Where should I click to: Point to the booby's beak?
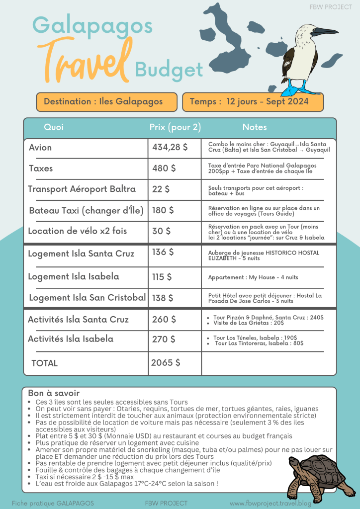coord(326,32)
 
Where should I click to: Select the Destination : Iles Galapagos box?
coord(106,102)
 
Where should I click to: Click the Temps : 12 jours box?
coord(253,102)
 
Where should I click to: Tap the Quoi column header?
coord(54,127)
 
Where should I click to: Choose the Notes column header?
coord(255,127)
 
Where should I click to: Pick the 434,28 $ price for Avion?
coord(171,147)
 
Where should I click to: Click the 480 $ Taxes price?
coord(164,169)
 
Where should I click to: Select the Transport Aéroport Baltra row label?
coord(82,189)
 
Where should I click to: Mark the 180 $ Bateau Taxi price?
coord(163,210)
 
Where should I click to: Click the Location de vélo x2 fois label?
coord(78,231)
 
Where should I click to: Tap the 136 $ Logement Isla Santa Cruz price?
coord(163,252)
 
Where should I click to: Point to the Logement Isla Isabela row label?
coord(74,276)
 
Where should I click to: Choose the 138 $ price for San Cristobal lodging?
coord(163,298)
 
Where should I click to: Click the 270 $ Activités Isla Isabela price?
coord(164,339)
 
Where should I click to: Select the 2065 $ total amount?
coord(166,362)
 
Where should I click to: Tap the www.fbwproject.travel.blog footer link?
coord(284,503)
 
